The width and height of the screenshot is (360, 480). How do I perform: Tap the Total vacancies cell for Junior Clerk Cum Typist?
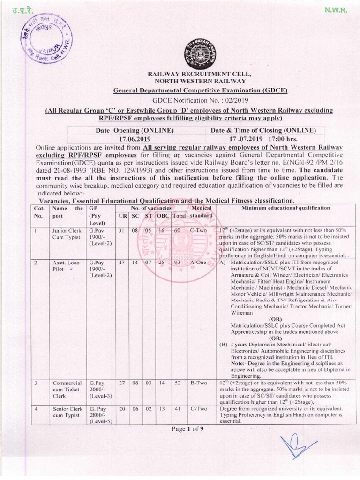click(x=177, y=230)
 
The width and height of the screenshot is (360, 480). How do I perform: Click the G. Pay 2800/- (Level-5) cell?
click(x=99, y=415)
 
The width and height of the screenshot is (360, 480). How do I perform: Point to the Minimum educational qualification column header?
click(x=285, y=208)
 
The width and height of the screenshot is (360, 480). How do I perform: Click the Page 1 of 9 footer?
click(x=181, y=428)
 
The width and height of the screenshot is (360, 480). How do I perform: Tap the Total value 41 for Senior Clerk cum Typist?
click(x=177, y=409)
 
